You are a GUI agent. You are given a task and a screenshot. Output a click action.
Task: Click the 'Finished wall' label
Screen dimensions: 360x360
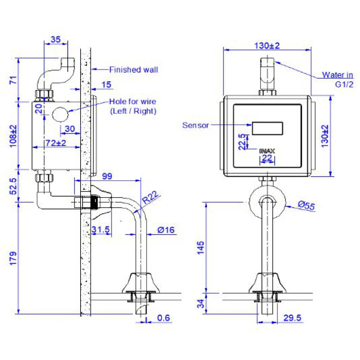point(133,70)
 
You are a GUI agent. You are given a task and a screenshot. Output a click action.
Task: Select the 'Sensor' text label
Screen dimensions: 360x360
point(196,125)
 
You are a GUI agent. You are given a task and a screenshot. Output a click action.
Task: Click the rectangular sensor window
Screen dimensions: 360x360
point(268,128)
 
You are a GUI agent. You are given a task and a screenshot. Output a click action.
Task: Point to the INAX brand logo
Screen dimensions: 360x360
point(267,151)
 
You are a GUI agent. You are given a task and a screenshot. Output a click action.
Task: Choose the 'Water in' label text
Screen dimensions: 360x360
point(338,75)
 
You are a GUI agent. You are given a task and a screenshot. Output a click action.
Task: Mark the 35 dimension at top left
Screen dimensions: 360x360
point(55,40)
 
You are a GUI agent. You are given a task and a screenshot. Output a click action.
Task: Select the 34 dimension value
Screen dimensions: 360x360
point(200,303)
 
